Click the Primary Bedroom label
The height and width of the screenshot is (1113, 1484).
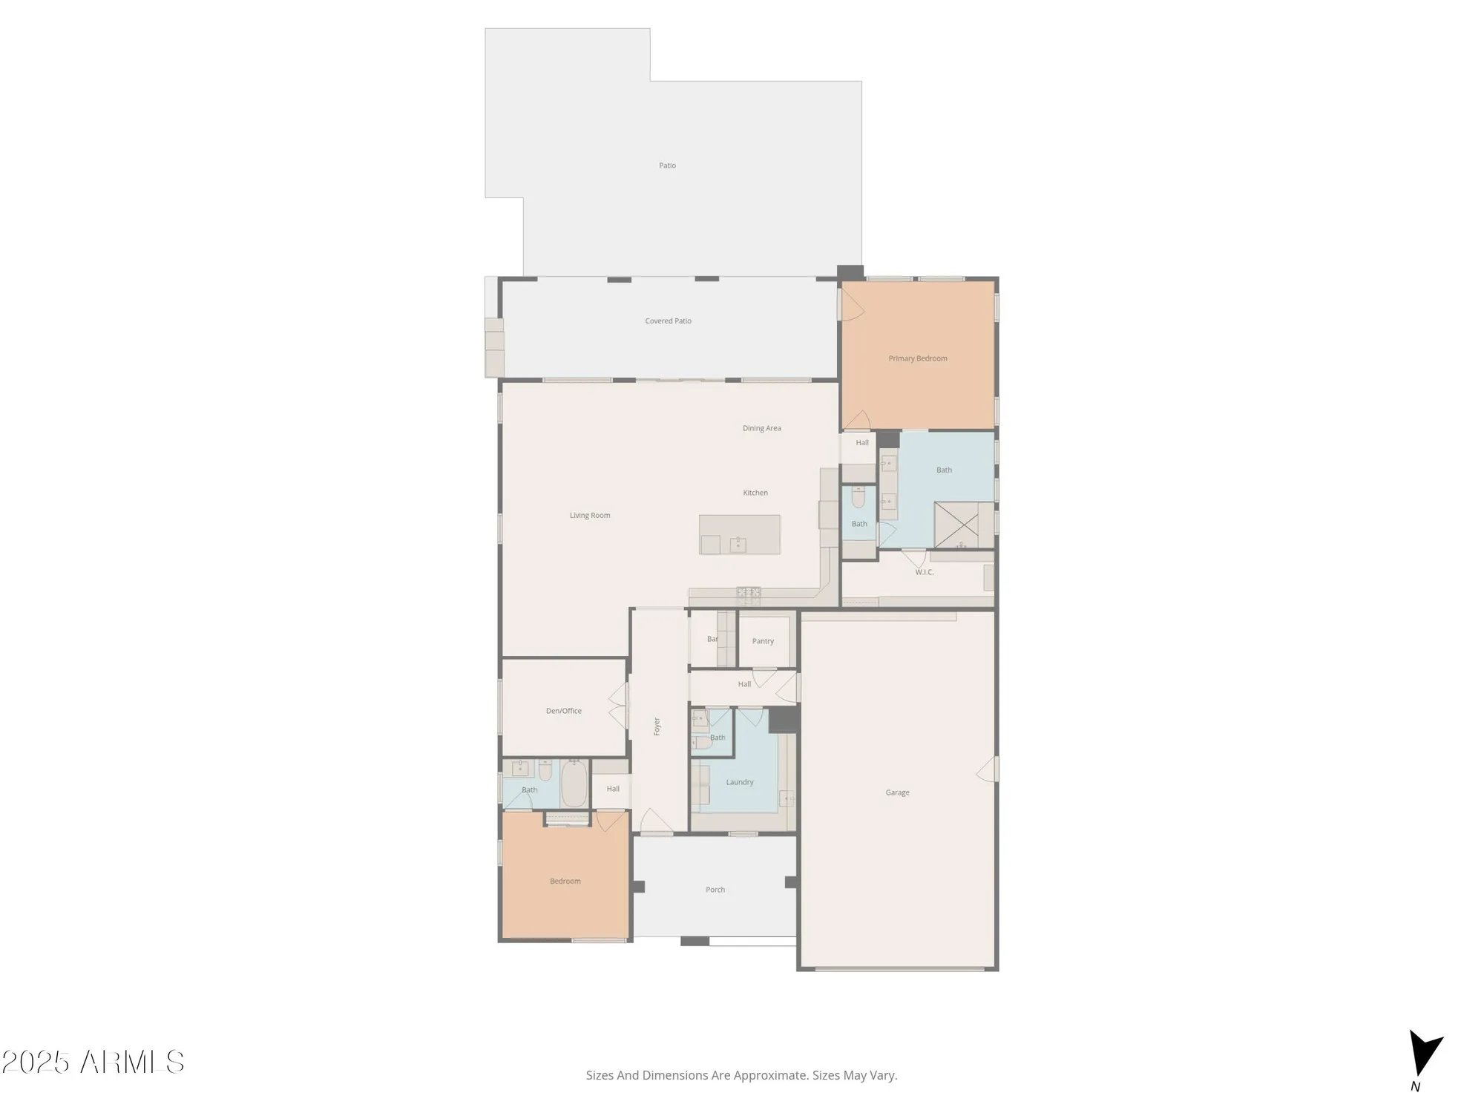click(918, 358)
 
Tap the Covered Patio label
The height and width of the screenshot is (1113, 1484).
click(668, 321)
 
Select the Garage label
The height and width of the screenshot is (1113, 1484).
click(897, 792)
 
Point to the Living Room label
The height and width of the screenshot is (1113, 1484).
click(590, 516)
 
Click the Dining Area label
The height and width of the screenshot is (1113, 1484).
click(761, 428)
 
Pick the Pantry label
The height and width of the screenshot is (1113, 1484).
click(763, 641)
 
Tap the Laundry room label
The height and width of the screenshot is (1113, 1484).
click(740, 782)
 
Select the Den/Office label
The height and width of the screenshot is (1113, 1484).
click(564, 711)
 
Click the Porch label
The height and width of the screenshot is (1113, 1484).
click(715, 890)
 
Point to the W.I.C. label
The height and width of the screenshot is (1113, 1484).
click(924, 572)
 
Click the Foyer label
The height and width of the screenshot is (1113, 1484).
click(657, 726)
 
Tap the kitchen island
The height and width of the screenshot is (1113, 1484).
click(740, 535)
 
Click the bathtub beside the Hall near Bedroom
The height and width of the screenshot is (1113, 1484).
click(574, 784)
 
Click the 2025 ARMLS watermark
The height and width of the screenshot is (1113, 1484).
click(93, 1063)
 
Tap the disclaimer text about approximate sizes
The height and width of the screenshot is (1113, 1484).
click(741, 1075)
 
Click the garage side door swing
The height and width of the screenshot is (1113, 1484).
click(988, 769)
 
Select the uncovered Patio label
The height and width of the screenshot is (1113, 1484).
click(667, 165)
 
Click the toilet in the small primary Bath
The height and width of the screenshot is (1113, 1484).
click(858, 497)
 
